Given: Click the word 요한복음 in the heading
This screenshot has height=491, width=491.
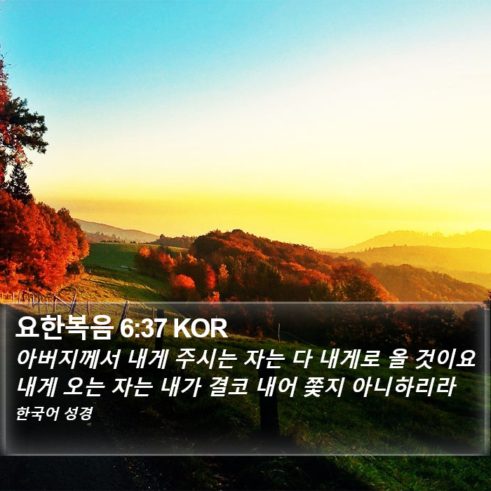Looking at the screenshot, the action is (x=65, y=328).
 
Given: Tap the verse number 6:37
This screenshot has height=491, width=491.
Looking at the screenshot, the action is (x=142, y=328).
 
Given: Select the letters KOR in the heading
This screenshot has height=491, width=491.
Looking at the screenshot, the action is (x=200, y=328).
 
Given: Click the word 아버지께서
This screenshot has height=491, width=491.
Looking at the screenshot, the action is (x=68, y=359).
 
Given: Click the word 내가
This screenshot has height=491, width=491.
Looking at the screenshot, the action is (x=180, y=386).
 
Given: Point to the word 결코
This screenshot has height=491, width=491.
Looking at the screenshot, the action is (x=228, y=386).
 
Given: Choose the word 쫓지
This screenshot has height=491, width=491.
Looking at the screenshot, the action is (x=324, y=386).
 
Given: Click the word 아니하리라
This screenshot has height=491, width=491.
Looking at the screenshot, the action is (x=404, y=386).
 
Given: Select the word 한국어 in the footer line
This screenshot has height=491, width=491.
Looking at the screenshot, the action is (x=37, y=414).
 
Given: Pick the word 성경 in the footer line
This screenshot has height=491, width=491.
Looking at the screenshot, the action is (x=78, y=414).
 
